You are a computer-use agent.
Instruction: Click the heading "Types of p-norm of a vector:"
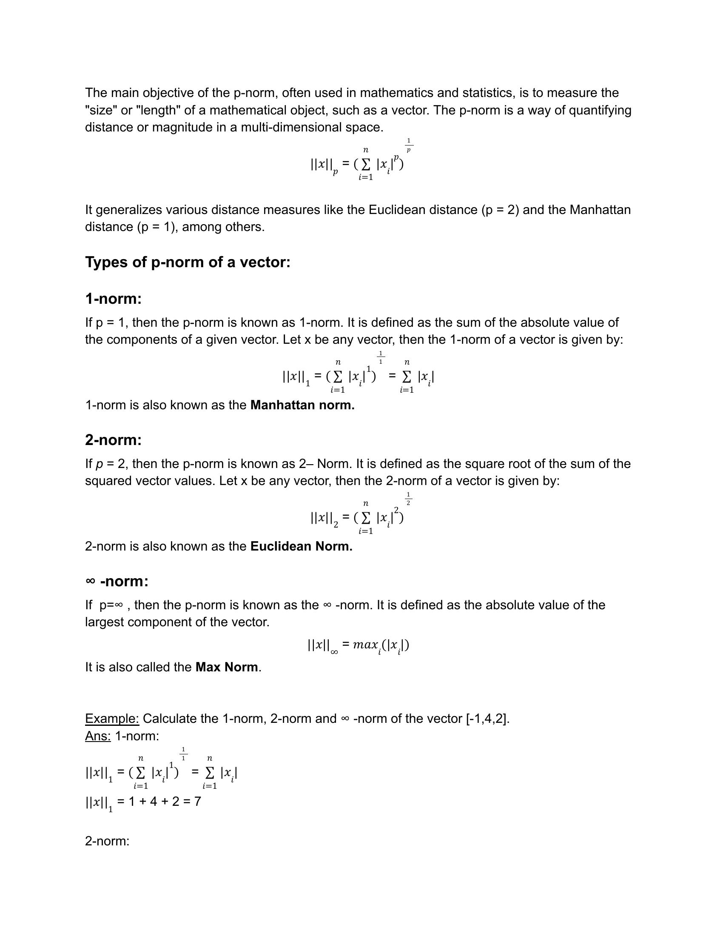[188, 262]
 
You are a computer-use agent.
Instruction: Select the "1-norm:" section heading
[113, 298]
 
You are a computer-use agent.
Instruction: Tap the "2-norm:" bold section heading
[113, 440]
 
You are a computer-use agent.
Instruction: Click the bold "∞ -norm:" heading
[117, 581]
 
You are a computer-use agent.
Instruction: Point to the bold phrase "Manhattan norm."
[302, 405]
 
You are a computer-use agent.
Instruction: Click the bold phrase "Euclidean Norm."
[301, 546]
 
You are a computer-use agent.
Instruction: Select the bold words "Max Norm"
[227, 667]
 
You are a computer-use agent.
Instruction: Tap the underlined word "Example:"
[112, 719]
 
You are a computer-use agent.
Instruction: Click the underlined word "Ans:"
[98, 736]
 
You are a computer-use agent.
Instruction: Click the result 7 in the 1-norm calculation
[197, 802]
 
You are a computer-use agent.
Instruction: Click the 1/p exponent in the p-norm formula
[409, 145]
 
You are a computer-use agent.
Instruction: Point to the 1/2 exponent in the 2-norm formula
[409, 499]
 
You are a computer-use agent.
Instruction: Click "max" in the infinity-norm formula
[365, 645]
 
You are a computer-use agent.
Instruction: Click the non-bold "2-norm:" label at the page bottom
[107, 841]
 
